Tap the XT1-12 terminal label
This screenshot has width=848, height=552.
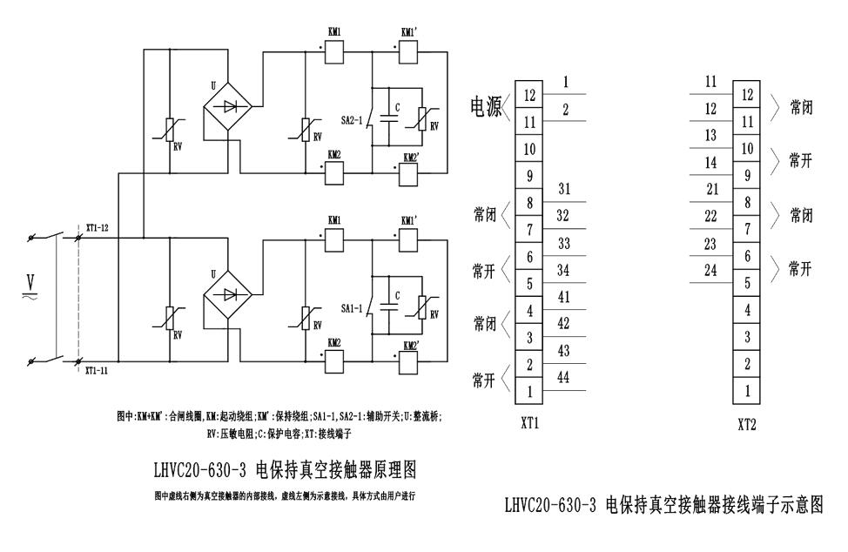tap(98, 228)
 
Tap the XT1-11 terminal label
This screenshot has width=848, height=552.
tap(98, 369)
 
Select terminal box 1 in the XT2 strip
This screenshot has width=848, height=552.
tap(746, 391)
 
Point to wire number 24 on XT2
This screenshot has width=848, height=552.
tap(711, 270)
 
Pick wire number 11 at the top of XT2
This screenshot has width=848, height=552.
tap(711, 82)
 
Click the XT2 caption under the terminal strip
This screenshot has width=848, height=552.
tap(746, 427)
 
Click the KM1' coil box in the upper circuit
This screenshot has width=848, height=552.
tap(408, 51)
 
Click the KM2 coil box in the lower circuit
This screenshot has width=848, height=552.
tap(333, 359)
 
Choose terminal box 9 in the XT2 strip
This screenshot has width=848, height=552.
tap(746, 175)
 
